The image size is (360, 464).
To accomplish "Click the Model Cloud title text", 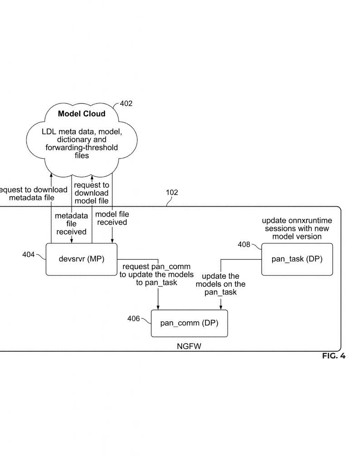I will [x=82, y=114].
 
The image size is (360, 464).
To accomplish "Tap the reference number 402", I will [x=126, y=104].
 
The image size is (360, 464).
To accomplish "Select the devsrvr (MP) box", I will [x=82, y=259].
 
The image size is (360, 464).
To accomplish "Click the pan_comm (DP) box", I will [x=189, y=324].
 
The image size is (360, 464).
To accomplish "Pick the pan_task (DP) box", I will [x=297, y=259].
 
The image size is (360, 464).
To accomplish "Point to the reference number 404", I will [x=29, y=255].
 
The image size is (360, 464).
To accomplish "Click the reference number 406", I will [x=133, y=319].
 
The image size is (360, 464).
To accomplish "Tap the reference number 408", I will [x=244, y=245].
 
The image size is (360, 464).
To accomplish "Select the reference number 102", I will [x=172, y=193].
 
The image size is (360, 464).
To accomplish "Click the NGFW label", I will [x=189, y=347].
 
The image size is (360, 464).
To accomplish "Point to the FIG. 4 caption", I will [x=334, y=356].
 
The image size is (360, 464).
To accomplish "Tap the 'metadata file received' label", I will [x=71, y=224].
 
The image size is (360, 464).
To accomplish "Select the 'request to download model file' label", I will [x=92, y=193].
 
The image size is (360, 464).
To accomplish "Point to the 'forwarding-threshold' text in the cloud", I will [x=82, y=147].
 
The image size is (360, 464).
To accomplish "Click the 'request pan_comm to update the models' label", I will [x=156, y=275].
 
